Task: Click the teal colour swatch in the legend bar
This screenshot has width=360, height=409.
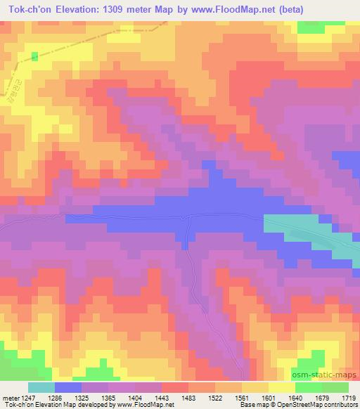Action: [41, 387]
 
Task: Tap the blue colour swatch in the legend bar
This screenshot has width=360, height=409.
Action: [68, 387]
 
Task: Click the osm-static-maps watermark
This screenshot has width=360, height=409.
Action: [330, 377]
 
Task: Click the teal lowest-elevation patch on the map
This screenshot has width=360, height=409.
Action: [295, 226]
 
